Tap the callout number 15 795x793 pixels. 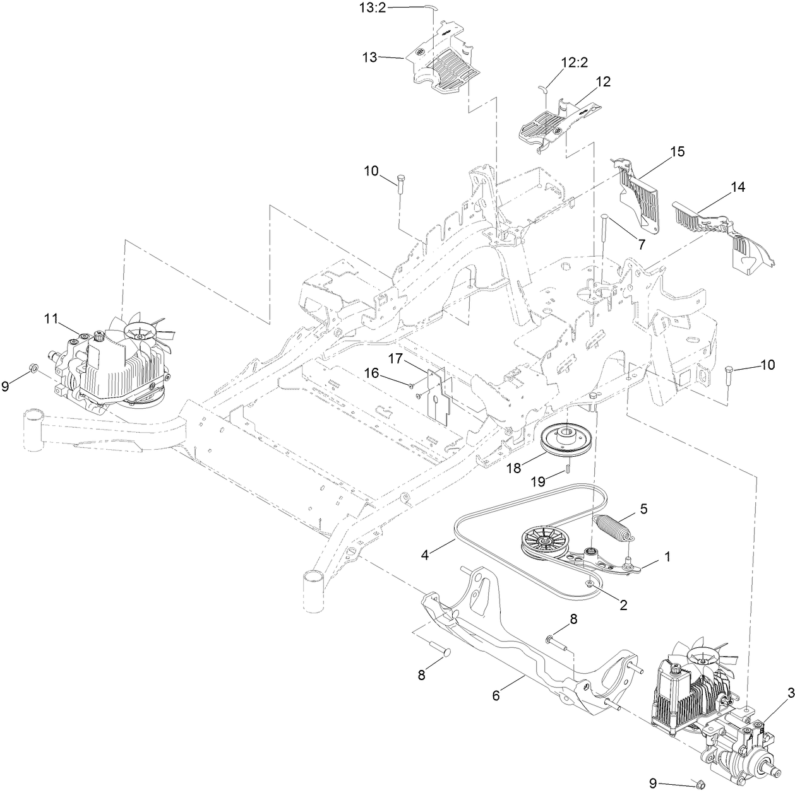[x=677, y=152]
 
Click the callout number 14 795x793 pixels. [x=738, y=187]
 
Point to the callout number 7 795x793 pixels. [x=642, y=244]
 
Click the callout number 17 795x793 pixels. [x=395, y=358]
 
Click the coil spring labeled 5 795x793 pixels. [x=613, y=527]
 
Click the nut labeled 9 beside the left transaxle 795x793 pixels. [x=33, y=368]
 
